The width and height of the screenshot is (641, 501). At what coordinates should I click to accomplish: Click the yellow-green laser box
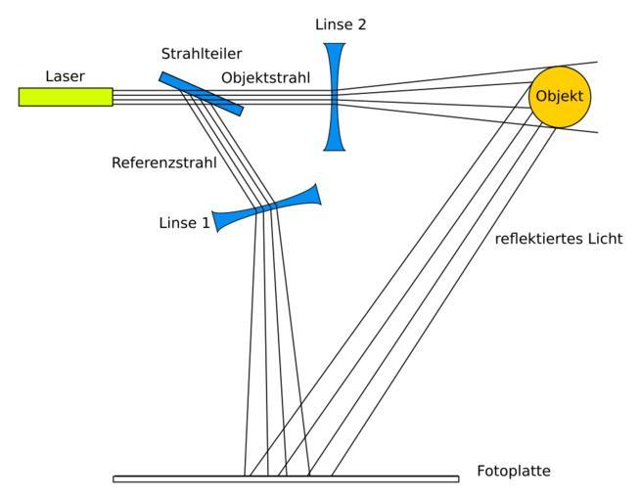(x=65, y=96)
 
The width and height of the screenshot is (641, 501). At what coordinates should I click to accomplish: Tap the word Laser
(x=65, y=75)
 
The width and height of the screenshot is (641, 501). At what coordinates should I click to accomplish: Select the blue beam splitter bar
(x=201, y=93)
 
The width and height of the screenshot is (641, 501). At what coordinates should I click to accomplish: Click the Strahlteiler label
(x=201, y=55)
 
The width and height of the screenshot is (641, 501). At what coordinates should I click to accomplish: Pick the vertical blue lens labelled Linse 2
(x=335, y=96)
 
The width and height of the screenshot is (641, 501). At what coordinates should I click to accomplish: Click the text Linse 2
(x=342, y=23)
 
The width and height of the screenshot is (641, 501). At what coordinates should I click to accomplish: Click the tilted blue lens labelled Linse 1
(x=266, y=207)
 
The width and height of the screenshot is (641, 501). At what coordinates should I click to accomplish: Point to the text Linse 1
(x=184, y=223)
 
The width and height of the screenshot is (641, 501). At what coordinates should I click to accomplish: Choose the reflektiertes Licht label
(x=559, y=239)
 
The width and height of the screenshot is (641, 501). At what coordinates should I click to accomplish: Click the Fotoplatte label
(x=513, y=472)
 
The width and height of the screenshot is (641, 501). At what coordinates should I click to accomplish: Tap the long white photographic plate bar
(x=285, y=478)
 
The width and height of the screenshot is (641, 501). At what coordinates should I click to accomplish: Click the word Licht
(x=602, y=239)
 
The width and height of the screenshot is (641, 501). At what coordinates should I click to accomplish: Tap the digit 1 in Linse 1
(x=206, y=223)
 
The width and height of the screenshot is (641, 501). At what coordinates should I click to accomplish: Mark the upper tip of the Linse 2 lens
(x=335, y=43)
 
